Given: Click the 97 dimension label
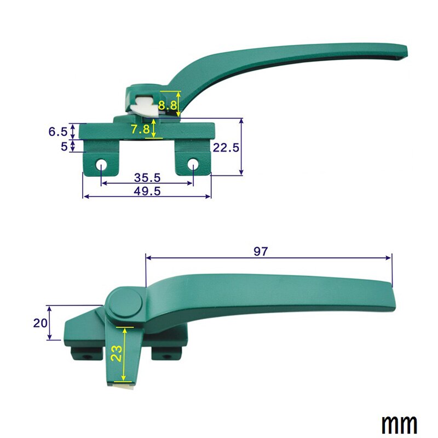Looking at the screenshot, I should (x=261, y=251).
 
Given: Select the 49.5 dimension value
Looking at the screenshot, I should (x=146, y=190).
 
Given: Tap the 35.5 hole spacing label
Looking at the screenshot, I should (x=146, y=177).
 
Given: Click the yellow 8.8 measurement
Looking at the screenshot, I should (x=168, y=105).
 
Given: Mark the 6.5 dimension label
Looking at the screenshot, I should (x=57, y=131).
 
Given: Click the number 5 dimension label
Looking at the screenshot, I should (x=64, y=146).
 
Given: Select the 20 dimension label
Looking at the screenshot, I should (x=40, y=323).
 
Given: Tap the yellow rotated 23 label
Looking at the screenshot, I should (x=116, y=354).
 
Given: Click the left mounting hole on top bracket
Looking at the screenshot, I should (x=101, y=165).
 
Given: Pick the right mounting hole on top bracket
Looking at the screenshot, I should (x=193, y=165).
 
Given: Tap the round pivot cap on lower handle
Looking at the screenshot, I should (x=125, y=304).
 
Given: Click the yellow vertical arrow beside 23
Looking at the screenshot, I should (x=125, y=354).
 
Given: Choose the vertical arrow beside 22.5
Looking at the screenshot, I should (x=241, y=147).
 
